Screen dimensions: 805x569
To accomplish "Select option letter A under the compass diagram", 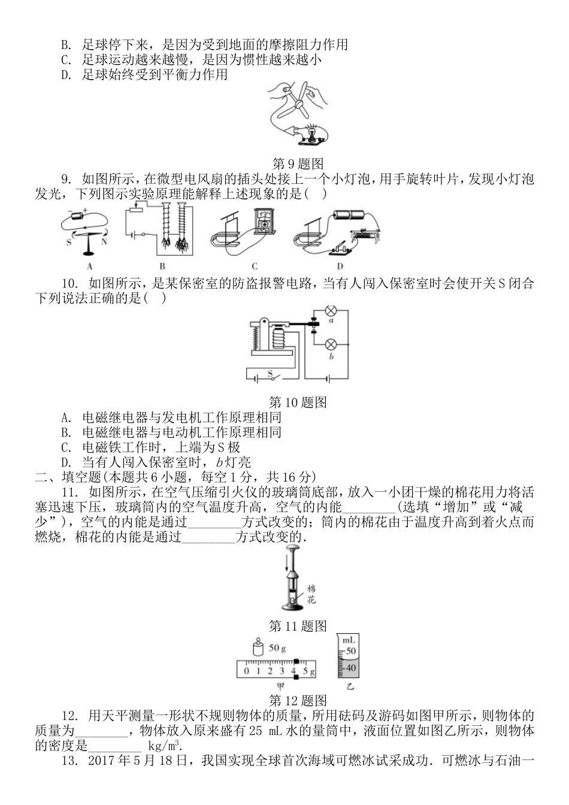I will [x=89, y=267].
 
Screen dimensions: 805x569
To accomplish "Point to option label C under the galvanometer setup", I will [x=254, y=267].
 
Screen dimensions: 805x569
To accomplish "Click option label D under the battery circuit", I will [x=340, y=267].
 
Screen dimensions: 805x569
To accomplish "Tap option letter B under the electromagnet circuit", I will [x=162, y=267].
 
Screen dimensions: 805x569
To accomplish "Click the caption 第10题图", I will [x=298, y=402].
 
